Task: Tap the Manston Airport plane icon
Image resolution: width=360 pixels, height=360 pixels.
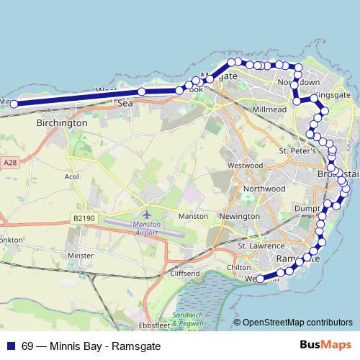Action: pyautogui.click(x=148, y=214)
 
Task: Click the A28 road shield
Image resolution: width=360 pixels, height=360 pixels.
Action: pyautogui.click(x=9, y=163)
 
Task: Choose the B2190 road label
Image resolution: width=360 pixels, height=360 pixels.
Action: pyautogui.click(x=85, y=217)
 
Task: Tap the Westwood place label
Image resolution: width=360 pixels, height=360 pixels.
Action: pyautogui.click(x=245, y=165)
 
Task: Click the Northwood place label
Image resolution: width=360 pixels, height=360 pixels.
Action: pyautogui.click(x=264, y=189)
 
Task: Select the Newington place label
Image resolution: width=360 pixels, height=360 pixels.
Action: pyautogui.click(x=239, y=216)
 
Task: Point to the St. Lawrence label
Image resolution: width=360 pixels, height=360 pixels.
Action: pyautogui.click(x=258, y=245)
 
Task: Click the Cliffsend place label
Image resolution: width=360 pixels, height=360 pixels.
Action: pyautogui.click(x=185, y=274)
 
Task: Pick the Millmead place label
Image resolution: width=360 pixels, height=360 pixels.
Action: pyautogui.click(x=269, y=109)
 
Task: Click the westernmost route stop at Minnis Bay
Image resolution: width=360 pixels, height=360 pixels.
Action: pyautogui.click(x=14, y=104)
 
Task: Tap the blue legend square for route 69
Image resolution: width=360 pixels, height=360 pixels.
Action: pyautogui.click(x=10, y=345)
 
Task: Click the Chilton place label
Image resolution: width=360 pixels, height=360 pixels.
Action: pyautogui.click(x=239, y=267)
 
